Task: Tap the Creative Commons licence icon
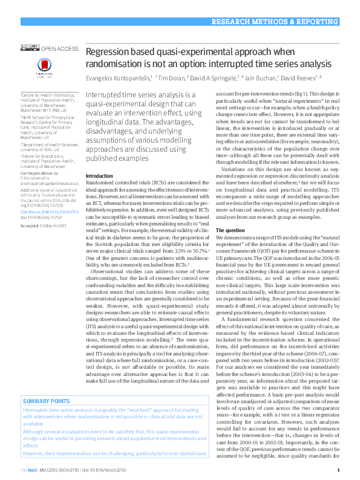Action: coord(30,47)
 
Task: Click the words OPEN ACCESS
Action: coord(59,48)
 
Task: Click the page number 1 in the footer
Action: coord(338,470)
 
